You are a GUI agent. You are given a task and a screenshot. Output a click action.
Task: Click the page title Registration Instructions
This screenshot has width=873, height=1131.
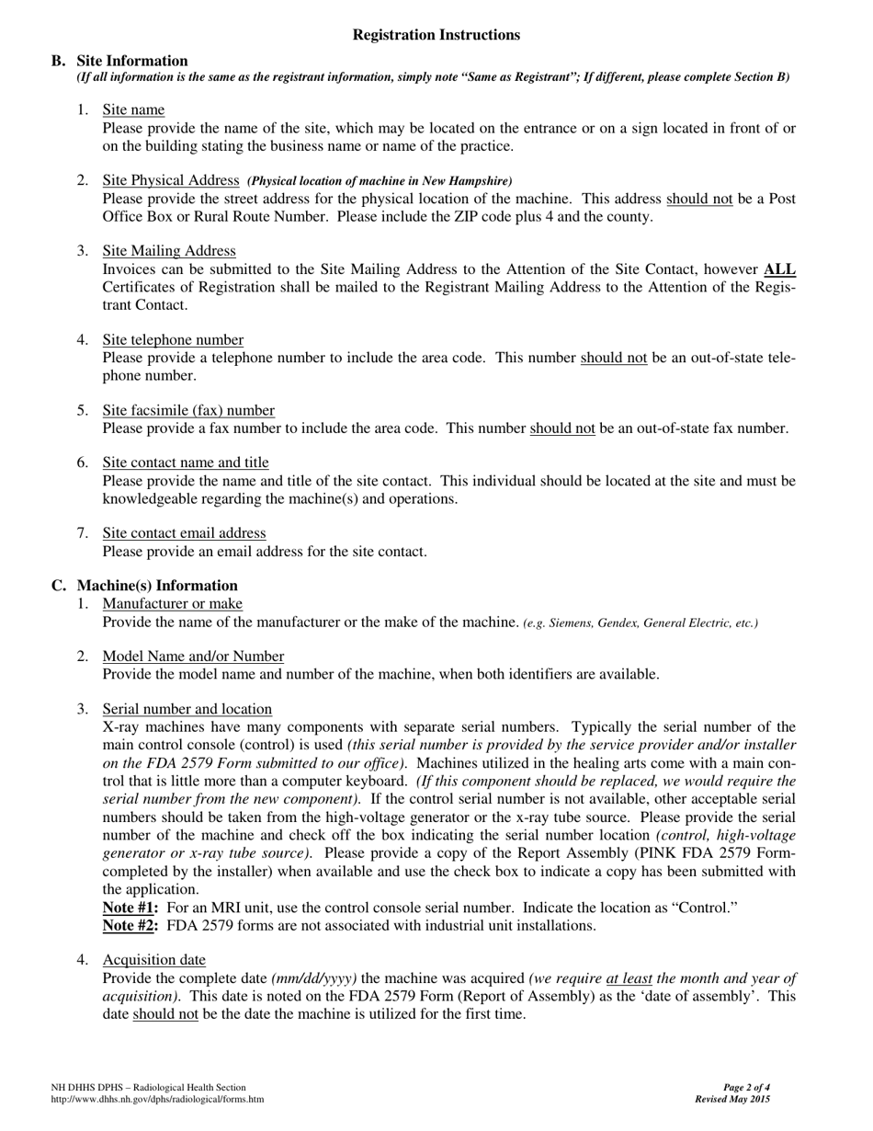coord(436,35)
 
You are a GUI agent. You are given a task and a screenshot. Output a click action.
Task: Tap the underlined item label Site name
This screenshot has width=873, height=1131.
coord(133,110)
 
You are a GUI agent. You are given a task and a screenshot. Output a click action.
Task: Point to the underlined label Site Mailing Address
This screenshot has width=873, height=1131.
coord(169,251)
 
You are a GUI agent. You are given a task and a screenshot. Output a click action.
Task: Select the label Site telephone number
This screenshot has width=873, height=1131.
coord(173,340)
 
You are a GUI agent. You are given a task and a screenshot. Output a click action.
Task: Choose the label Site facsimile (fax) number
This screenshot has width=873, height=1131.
coord(188,410)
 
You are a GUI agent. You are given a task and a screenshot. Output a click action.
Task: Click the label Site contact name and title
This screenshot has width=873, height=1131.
coord(186,463)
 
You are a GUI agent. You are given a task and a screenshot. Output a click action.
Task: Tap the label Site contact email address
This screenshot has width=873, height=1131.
coord(184,533)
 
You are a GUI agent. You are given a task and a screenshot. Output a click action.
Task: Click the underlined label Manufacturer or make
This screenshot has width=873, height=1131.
coord(173,604)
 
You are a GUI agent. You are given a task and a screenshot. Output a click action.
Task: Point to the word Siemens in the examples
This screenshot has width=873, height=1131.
coord(569,623)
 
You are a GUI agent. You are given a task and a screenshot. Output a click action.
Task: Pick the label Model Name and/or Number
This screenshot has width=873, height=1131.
coord(193,657)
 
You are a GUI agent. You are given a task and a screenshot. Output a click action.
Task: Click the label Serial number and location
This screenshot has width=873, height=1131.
coord(187,709)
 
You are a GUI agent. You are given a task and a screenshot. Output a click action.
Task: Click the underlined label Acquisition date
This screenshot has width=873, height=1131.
coord(154,960)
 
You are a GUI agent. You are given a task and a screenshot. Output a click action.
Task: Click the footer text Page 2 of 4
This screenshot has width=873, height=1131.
coord(746,1088)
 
